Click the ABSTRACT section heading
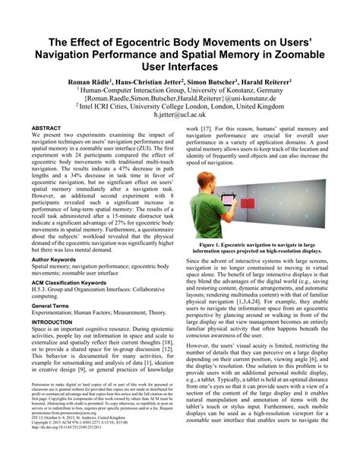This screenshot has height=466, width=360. click(x=47, y=129)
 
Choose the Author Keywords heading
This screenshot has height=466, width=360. click(x=59, y=259)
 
